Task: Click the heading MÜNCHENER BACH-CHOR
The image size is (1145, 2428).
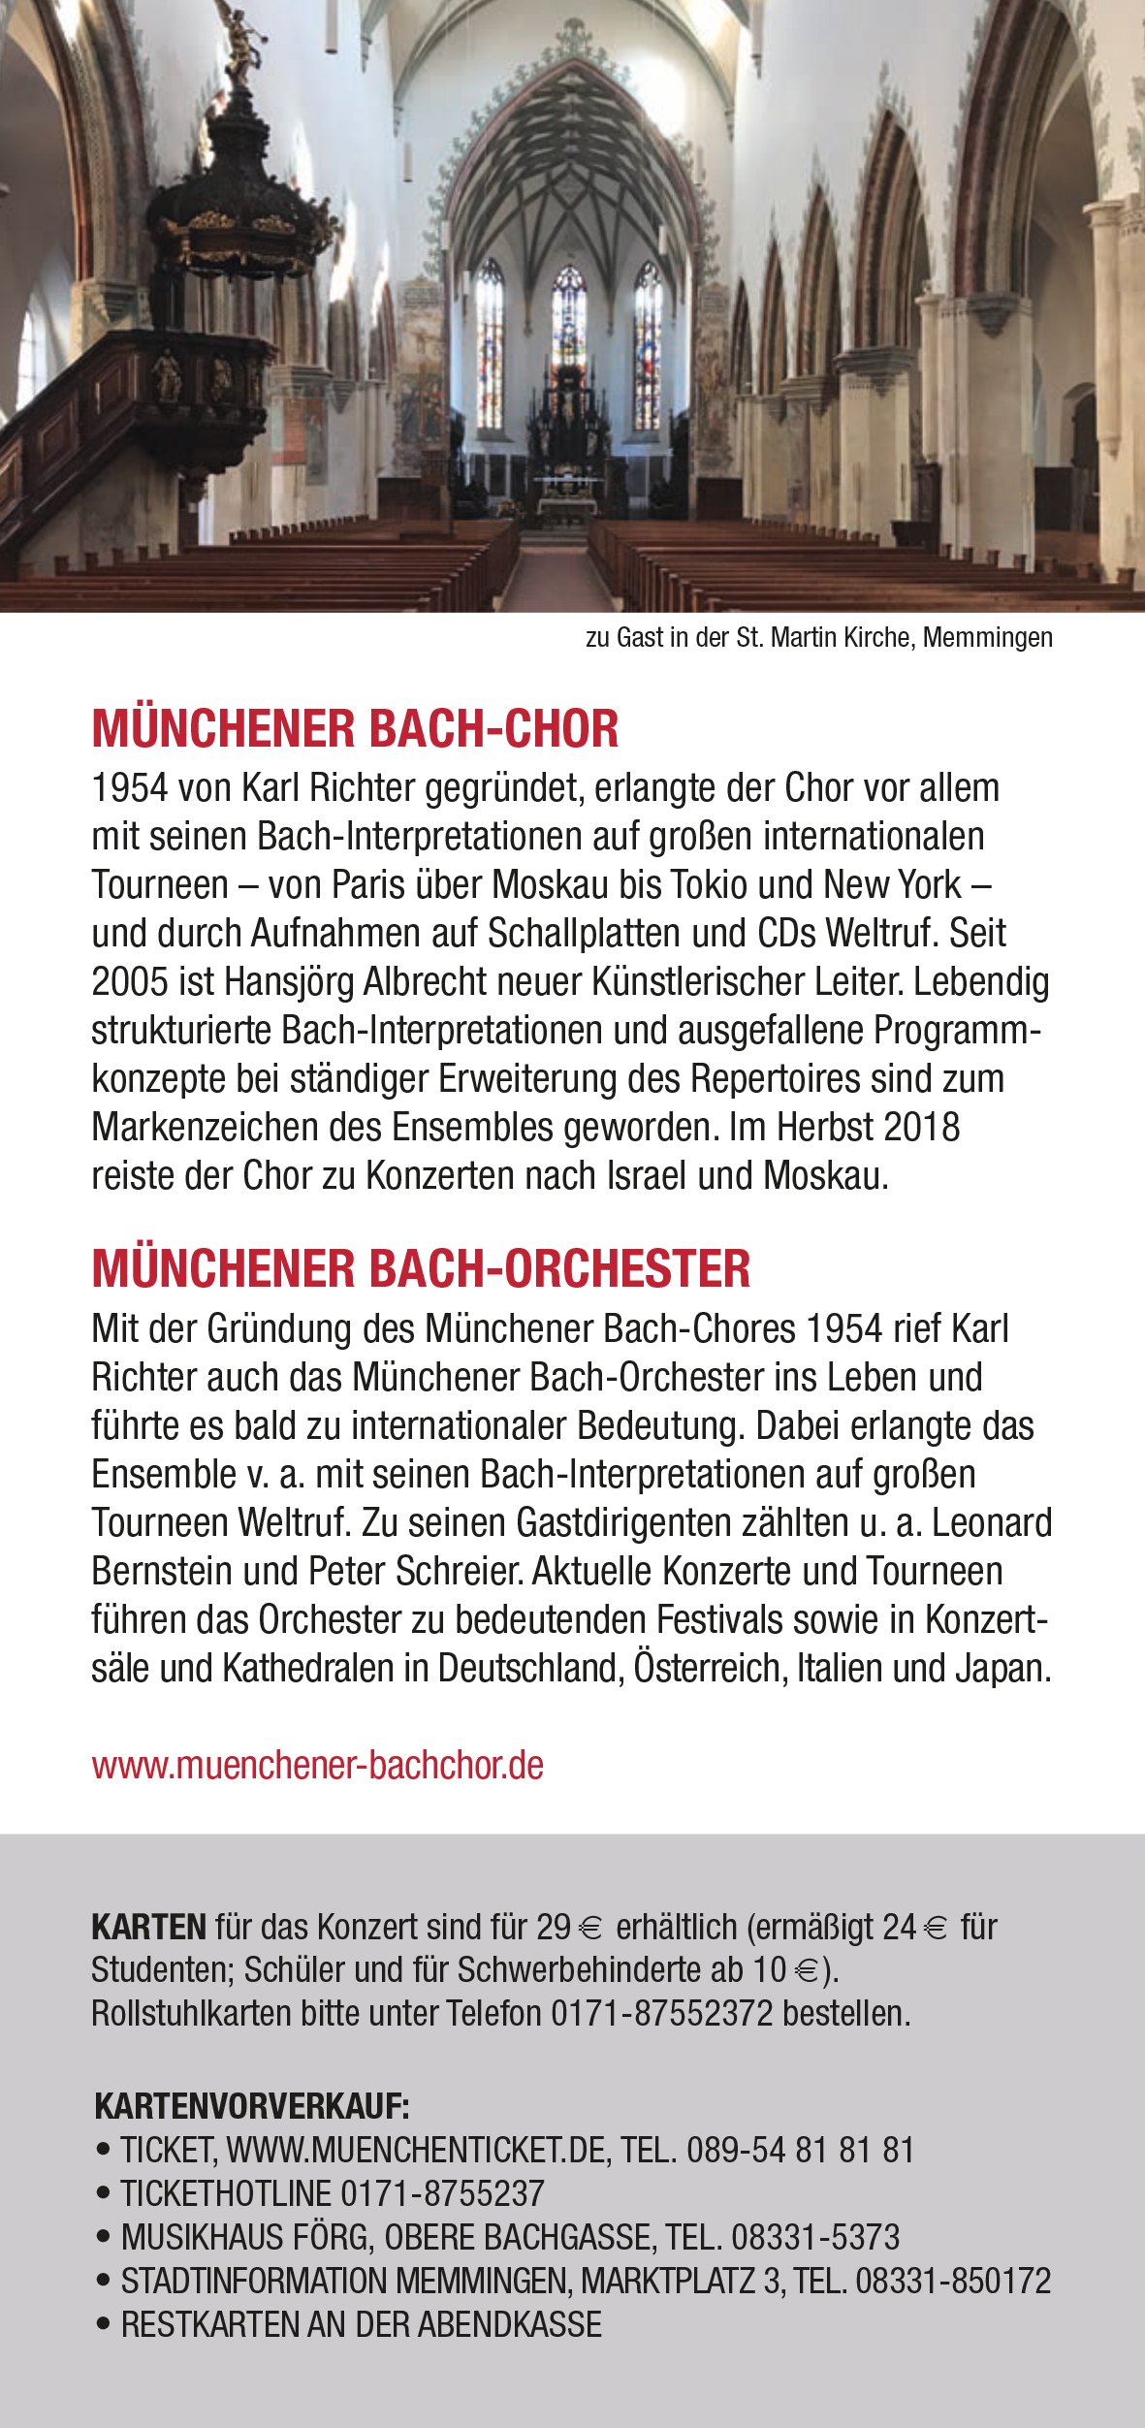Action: pyautogui.click(x=355, y=729)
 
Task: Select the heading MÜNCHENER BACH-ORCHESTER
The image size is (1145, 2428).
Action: pyautogui.click(x=421, y=1268)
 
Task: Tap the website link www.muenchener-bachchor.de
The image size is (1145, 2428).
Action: pyautogui.click(x=317, y=1765)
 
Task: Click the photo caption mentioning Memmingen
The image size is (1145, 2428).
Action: pyautogui.click(x=818, y=638)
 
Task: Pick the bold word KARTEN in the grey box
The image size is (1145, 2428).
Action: pyautogui.click(x=148, y=1927)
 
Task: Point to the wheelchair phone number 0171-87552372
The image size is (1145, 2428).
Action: pyautogui.click(x=662, y=2014)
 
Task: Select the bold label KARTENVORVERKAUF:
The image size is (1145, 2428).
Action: pyautogui.click(x=252, y=2107)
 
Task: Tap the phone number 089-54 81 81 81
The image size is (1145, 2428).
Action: pyautogui.click(x=800, y=2151)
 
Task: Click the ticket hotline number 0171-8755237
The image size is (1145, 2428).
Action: pyautogui.click(x=442, y=2193)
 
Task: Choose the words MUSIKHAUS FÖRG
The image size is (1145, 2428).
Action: pyautogui.click(x=246, y=2237)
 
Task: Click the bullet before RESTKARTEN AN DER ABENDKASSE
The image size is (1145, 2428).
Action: pyautogui.click(x=104, y=2324)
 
